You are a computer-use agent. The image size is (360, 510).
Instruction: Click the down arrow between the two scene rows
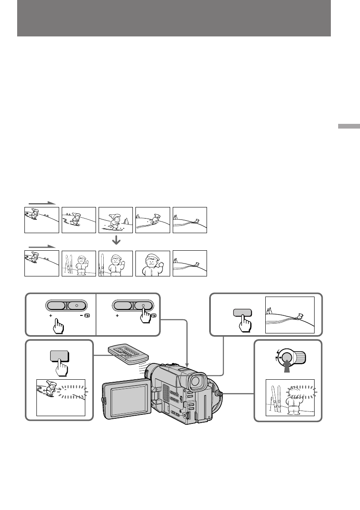116,241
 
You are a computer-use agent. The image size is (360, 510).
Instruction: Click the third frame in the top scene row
116,220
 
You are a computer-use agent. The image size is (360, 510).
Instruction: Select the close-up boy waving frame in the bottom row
153,263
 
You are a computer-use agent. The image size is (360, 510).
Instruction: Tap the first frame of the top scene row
42,220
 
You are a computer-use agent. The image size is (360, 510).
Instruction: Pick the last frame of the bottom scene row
189,263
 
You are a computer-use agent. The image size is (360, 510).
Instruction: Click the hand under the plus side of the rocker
59,327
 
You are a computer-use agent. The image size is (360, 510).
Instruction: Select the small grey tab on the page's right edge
348,127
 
